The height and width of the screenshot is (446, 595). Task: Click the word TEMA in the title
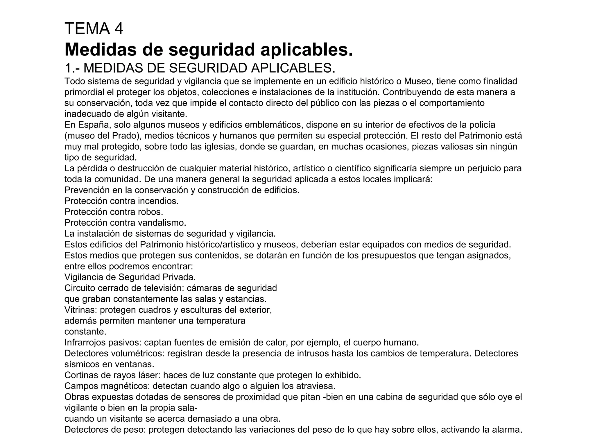click(87, 28)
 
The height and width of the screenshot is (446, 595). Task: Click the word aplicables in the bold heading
click(307, 49)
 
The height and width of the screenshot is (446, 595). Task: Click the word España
click(93, 125)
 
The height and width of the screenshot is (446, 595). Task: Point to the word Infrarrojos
click(85, 343)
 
